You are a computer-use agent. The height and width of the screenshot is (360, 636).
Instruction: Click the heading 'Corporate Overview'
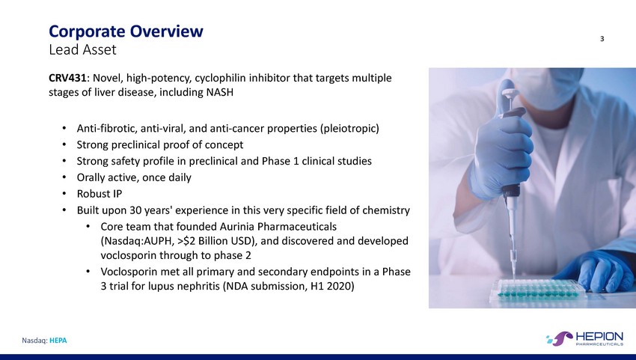pyautogui.click(x=126, y=31)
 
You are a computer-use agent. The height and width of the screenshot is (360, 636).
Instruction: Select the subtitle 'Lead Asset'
pyautogui.click(x=82, y=50)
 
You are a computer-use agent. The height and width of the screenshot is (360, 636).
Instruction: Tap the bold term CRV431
pyautogui.click(x=67, y=78)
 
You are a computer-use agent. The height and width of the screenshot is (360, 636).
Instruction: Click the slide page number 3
pyautogui.click(x=602, y=39)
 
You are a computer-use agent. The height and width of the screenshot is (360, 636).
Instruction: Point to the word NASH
pyautogui.click(x=220, y=92)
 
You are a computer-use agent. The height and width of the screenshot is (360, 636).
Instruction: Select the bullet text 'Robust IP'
pyautogui.click(x=100, y=194)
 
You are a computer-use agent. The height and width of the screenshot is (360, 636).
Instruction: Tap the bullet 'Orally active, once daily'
pyautogui.click(x=134, y=178)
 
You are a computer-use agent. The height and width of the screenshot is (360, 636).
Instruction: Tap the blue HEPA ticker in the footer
pyautogui.click(x=58, y=341)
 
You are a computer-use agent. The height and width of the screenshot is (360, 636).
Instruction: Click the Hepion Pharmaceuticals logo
pyautogui.click(x=584, y=338)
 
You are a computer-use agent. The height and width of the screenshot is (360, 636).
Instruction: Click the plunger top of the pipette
pyautogui.click(x=510, y=94)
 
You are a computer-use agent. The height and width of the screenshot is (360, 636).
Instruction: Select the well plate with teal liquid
pyautogui.click(x=538, y=290)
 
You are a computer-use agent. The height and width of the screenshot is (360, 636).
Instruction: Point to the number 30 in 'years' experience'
pyautogui.click(x=135, y=210)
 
